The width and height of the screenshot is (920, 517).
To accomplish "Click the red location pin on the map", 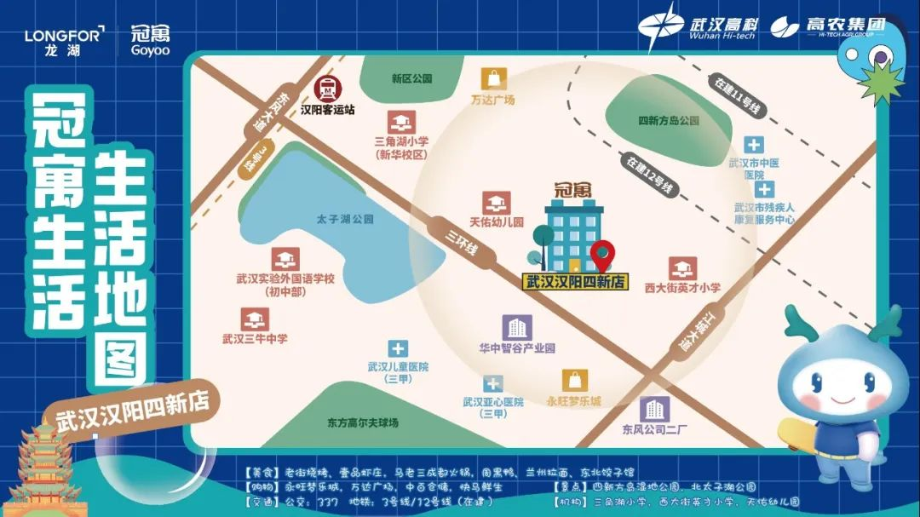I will pos(603,254).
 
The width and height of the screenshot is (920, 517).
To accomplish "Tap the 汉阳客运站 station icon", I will pos(326,89).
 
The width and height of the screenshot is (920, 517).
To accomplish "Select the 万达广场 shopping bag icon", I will pos(493,78).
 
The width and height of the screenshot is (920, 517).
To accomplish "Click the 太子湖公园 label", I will pos(344,220).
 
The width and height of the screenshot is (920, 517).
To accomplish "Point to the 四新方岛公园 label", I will pos(668,121).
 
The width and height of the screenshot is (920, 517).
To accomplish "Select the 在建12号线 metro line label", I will pos(652,175).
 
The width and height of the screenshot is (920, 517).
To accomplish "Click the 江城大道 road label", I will pos(687,332).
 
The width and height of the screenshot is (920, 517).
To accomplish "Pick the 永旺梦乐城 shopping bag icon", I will pos(575,381).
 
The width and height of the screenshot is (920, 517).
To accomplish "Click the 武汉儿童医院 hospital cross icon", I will pos(398,348).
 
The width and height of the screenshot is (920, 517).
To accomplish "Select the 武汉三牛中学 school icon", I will pos(254,319).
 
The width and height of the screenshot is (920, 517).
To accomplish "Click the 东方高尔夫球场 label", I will pos(362,422).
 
